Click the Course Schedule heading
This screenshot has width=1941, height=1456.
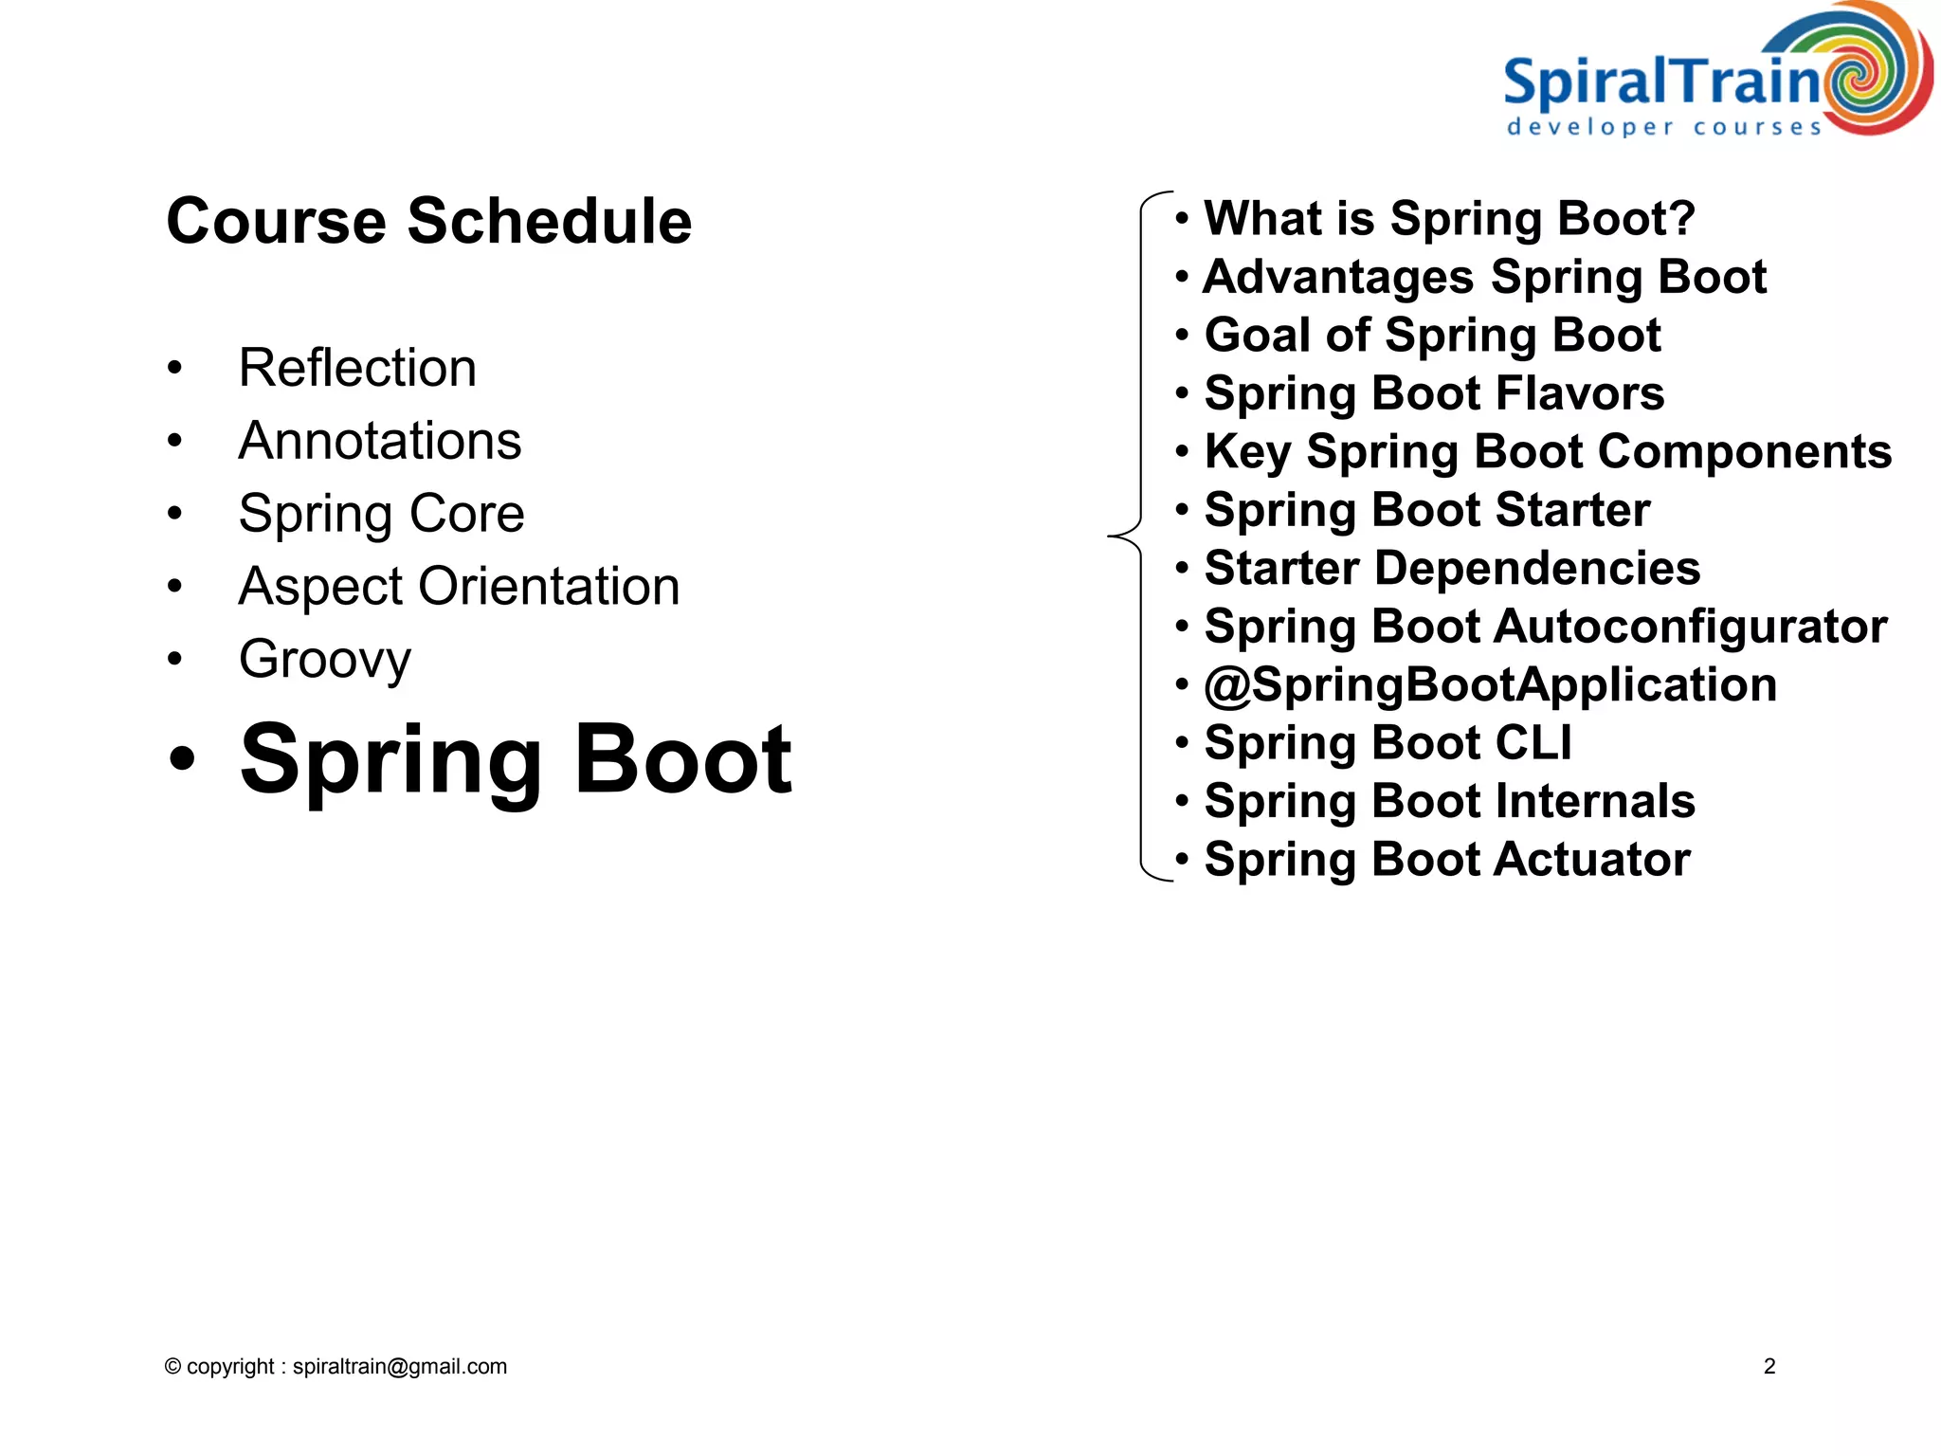(428, 221)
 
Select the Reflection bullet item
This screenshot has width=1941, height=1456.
(357, 368)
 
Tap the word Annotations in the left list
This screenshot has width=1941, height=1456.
(380, 441)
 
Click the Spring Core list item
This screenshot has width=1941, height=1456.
(381, 514)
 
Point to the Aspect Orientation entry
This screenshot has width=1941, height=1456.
(459, 587)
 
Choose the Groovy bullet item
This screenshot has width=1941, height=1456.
(325, 660)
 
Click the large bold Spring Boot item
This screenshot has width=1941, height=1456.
(516, 759)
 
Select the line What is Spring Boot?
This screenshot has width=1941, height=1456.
(1448, 219)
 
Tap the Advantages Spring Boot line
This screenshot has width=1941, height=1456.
(1484, 278)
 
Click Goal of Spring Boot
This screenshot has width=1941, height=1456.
(1432, 336)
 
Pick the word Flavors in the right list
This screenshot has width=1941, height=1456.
(1591, 393)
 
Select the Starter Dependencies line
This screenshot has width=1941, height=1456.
(1452, 569)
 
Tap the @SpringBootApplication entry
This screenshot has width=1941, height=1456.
(1490, 685)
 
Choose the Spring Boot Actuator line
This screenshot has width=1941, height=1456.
(1447, 860)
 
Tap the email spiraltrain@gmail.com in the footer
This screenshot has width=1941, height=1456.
(400, 1366)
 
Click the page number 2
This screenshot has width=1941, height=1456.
(1769, 1366)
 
